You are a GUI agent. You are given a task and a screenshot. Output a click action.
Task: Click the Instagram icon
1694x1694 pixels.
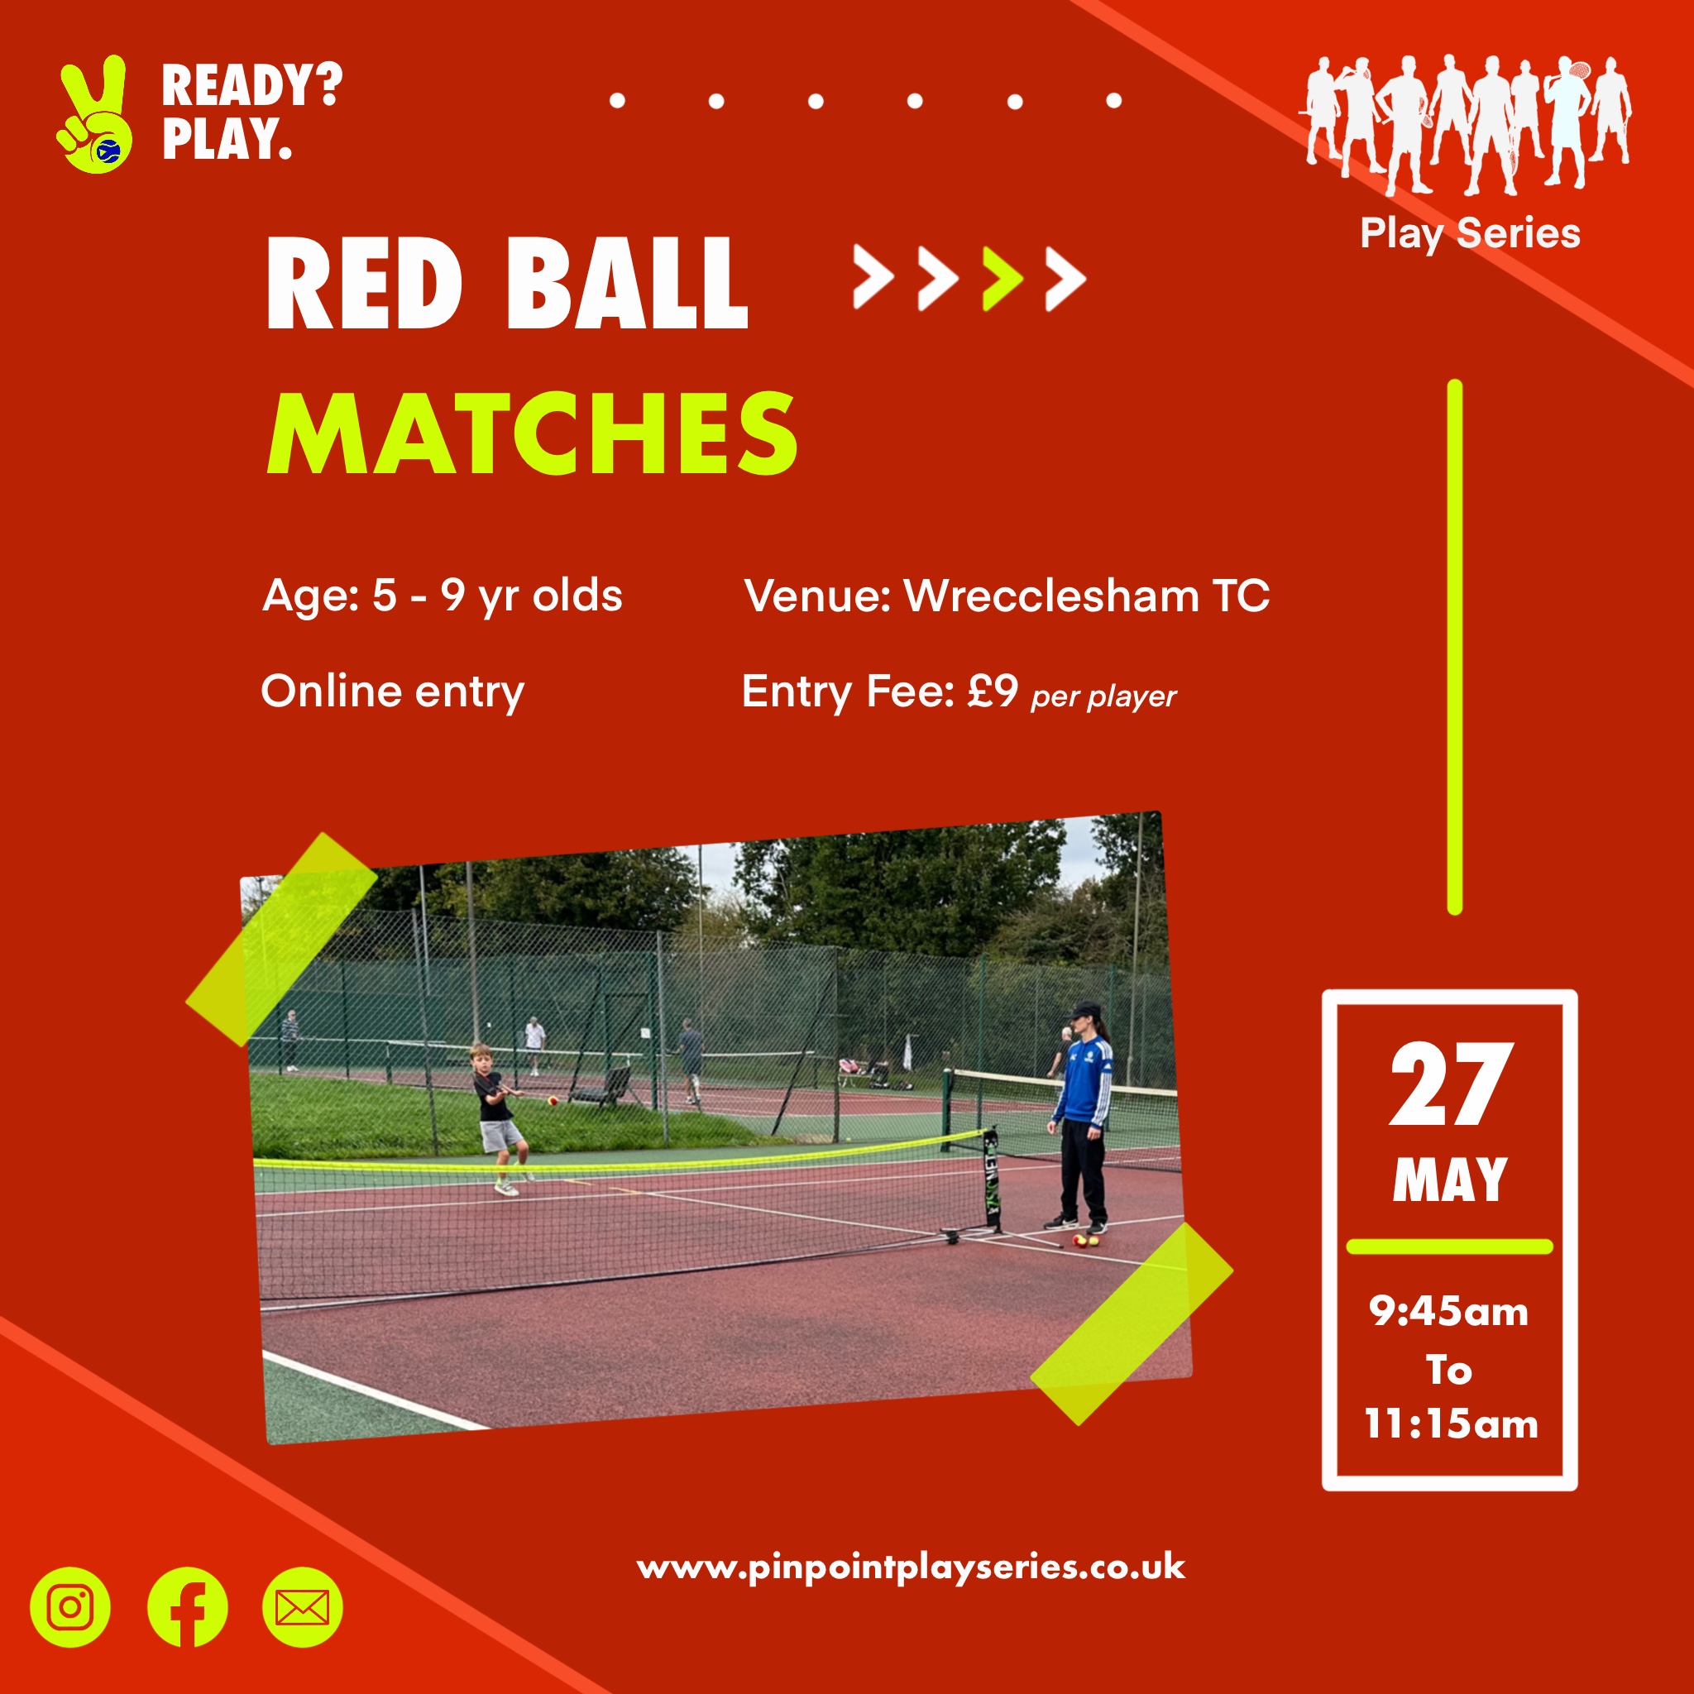(x=70, y=1607)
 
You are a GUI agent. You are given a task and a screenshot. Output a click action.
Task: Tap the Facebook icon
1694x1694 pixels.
(x=187, y=1607)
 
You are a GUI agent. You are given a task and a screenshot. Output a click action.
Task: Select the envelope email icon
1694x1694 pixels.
(x=303, y=1607)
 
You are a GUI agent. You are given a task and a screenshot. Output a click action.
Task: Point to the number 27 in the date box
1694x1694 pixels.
(x=1451, y=1084)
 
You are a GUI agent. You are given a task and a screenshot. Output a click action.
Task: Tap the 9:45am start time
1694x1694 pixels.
(x=1448, y=1312)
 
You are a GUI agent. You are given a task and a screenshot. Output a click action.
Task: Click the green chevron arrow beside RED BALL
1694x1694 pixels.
(x=1003, y=279)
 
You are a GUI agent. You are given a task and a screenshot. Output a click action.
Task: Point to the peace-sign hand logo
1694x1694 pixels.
(x=93, y=114)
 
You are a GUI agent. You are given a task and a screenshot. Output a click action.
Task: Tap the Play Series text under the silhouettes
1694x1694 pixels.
(x=1470, y=234)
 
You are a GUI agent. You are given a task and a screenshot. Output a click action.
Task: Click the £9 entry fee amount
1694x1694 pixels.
(x=993, y=691)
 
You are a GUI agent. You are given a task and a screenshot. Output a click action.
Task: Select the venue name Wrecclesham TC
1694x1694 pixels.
(x=1086, y=596)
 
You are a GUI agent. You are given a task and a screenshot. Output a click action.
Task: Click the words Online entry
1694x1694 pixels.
(x=393, y=692)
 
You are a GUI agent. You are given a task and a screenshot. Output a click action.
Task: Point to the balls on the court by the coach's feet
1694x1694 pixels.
(x=1085, y=1241)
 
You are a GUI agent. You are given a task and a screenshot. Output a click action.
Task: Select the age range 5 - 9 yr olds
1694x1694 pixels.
(x=497, y=596)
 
